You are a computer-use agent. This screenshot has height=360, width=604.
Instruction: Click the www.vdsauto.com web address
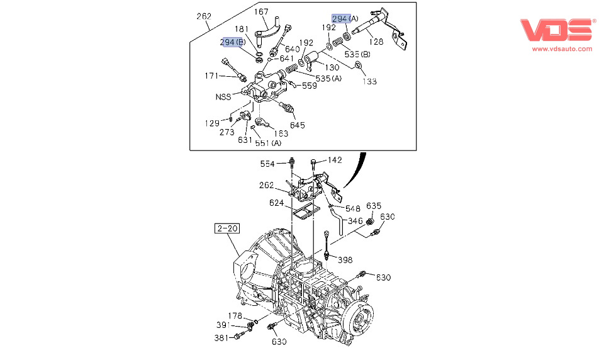coord(562,48)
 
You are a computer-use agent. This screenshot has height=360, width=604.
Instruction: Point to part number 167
coord(262,12)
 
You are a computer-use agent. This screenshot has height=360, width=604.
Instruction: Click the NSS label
coord(223,97)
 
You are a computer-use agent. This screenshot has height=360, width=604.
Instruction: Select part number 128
coord(376,42)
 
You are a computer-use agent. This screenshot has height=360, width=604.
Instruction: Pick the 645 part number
coord(298,125)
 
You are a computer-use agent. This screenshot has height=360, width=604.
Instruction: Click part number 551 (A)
coord(268,143)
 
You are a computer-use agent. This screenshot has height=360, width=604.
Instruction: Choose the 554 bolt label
coord(268,164)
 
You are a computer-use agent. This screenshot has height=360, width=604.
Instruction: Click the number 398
coord(345,259)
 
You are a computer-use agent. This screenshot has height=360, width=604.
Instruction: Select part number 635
coord(374,206)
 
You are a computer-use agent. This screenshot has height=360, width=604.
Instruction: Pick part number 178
coord(235,316)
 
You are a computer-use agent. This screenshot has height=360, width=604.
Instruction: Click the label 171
coord(211,76)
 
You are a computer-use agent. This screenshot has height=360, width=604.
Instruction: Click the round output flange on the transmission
coord(358,317)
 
